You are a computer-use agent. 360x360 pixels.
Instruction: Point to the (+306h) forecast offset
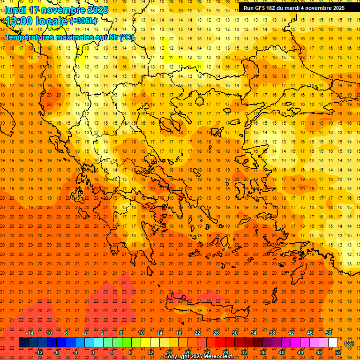[83, 21]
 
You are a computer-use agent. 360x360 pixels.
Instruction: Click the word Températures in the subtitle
[29, 37]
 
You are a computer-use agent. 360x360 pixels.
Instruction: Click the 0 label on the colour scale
[93, 352]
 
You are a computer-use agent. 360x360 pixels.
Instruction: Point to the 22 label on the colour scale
[197, 333]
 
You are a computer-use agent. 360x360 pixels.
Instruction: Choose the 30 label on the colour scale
[234, 333]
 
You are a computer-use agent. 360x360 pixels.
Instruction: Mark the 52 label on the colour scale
[338, 352]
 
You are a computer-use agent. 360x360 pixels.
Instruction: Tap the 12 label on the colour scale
[150, 352]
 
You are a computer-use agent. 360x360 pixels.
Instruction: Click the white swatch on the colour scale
[333, 343]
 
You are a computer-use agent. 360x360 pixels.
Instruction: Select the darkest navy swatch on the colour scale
[23, 343]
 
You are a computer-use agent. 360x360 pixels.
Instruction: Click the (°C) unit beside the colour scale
[349, 343]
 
